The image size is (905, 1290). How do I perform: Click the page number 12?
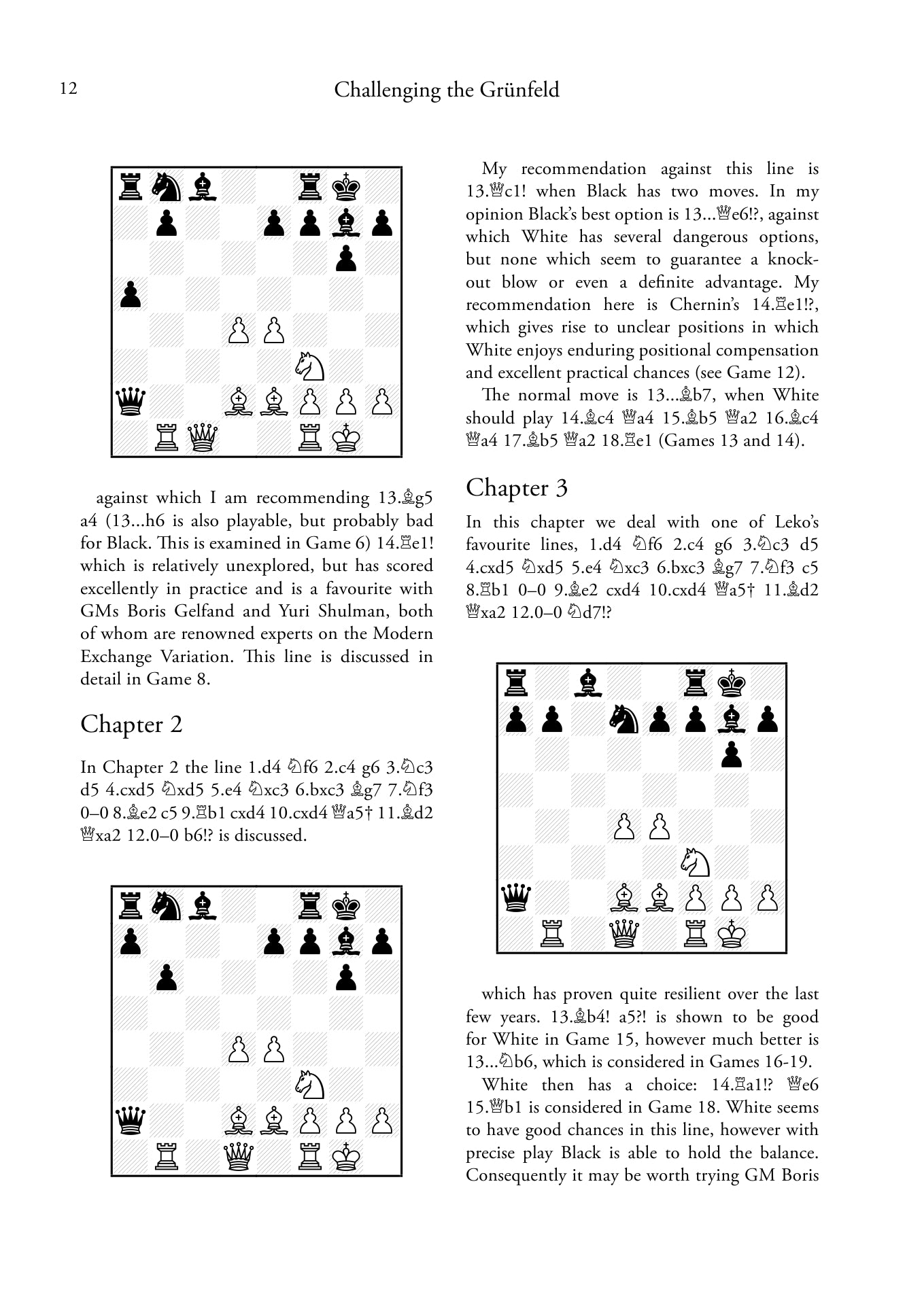(69, 89)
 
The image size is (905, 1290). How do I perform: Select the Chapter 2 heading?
(131, 725)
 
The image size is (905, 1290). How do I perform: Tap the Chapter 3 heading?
(516, 488)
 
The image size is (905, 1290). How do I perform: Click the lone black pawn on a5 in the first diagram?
(130, 295)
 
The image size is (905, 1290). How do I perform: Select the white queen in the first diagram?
(202, 438)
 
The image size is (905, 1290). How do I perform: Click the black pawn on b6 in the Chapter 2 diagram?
(166, 978)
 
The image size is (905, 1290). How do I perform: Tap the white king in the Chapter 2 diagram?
(347, 1157)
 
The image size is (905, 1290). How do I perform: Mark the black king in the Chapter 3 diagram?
(732, 682)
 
